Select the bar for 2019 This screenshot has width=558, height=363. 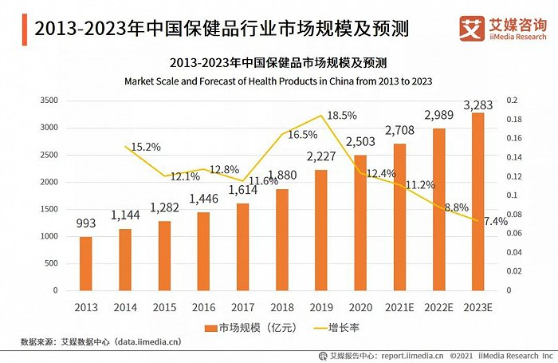320,230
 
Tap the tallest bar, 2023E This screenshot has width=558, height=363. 477,201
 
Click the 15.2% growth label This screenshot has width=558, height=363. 144,147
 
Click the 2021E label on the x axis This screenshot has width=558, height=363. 399,306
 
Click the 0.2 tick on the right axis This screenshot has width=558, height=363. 512,101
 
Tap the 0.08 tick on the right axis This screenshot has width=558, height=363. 514,215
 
